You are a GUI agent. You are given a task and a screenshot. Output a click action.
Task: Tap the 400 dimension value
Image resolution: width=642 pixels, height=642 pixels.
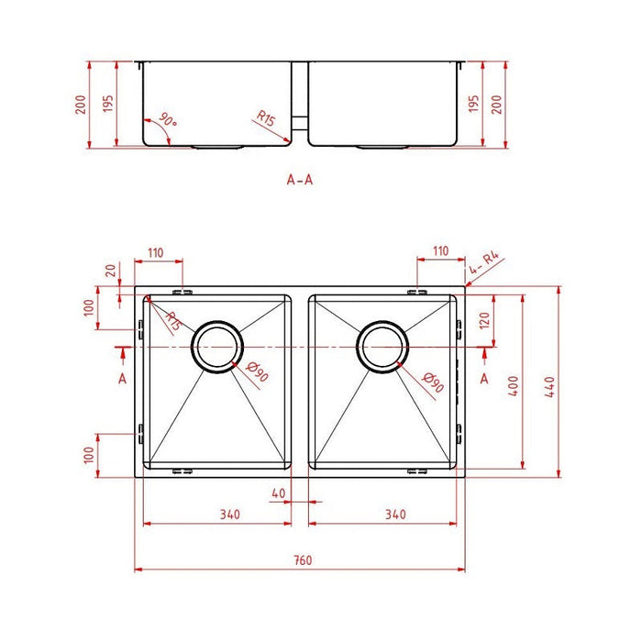(x=515, y=386)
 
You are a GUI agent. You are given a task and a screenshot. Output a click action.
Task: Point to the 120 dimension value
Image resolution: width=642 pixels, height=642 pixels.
(x=485, y=320)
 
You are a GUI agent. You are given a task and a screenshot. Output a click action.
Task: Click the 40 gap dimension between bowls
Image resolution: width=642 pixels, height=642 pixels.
(x=279, y=493)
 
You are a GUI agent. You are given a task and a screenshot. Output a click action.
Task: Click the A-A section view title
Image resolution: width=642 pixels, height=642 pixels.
(x=300, y=180)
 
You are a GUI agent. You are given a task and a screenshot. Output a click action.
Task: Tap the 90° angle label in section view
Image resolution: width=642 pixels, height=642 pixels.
(x=167, y=121)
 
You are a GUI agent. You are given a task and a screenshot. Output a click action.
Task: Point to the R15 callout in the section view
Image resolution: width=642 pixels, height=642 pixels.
(x=266, y=118)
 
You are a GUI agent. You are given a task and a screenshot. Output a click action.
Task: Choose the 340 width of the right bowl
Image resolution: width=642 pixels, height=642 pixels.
(x=395, y=515)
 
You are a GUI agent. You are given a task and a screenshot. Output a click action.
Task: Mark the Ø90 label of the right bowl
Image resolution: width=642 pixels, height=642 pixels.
(x=433, y=383)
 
